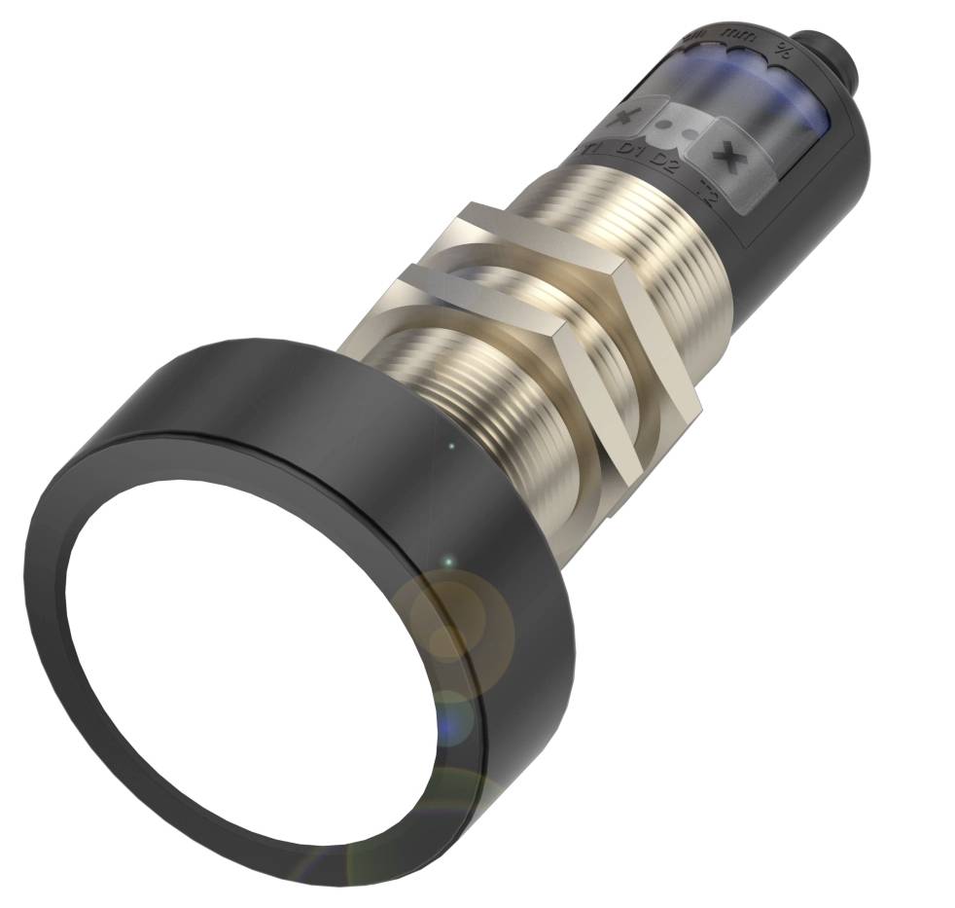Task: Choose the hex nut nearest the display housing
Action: pyautogui.click(x=574, y=292)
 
